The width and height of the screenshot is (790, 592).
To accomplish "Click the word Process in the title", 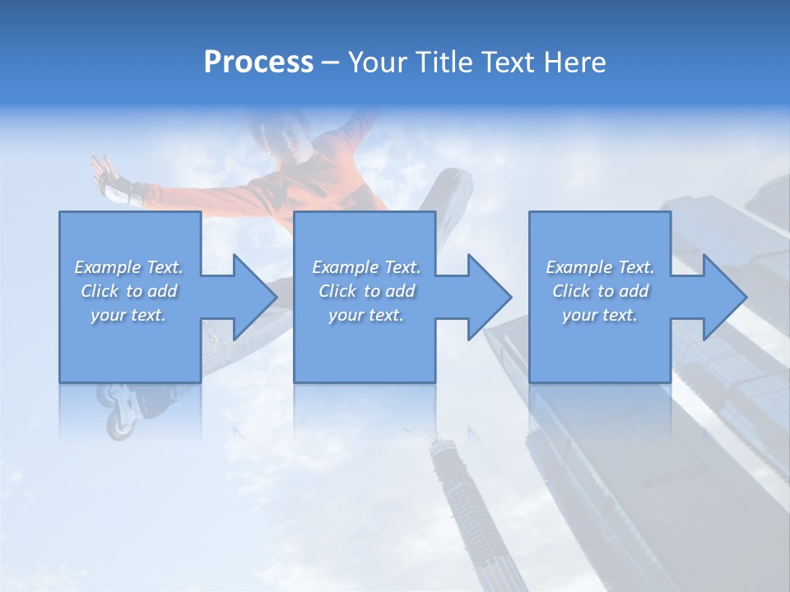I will pos(258,62).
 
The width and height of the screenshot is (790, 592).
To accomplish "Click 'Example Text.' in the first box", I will pos(128,267).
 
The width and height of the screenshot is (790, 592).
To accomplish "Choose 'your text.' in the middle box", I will pos(365,315).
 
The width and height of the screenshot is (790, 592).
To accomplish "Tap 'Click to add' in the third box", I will pos(601,291).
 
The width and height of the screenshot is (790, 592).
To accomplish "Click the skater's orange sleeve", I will pos(329,173).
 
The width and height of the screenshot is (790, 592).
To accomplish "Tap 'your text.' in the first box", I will pos(128,315).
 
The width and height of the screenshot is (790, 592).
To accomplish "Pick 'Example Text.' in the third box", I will pos(600,267).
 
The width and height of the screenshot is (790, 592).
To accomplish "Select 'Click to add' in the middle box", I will pos(366,291).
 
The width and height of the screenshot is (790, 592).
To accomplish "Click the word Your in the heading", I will pos(378,62).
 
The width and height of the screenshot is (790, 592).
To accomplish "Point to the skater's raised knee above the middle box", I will pos(448,185).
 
